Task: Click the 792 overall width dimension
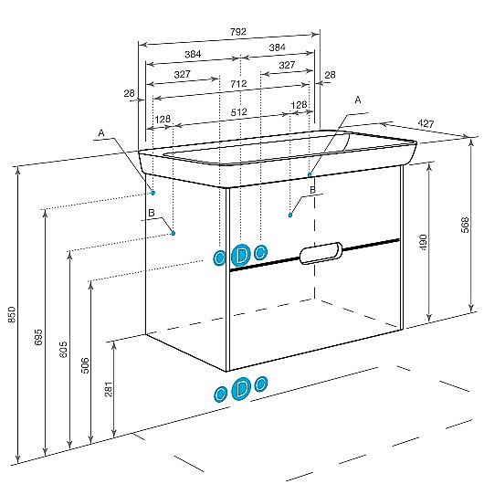pos(238,31)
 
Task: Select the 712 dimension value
pos(238,84)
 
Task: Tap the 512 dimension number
pos(238,111)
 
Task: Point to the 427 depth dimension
pos(426,123)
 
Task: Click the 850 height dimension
pos(12,314)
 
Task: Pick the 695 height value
pos(38,337)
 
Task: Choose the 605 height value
pos(63,350)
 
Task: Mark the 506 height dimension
pos(85,365)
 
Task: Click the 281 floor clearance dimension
pos(109,389)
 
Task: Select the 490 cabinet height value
pos(423,242)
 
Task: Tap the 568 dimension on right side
pos(465,225)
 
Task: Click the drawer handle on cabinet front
pos(321,253)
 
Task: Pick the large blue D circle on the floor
pos(241,389)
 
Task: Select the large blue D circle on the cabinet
pos(240,255)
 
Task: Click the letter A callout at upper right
pos(358,100)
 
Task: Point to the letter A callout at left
pos(101,133)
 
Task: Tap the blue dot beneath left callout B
pos(174,233)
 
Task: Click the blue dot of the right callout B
pos(290,216)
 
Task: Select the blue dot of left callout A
pos(153,193)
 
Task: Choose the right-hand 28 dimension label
pos(330,75)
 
